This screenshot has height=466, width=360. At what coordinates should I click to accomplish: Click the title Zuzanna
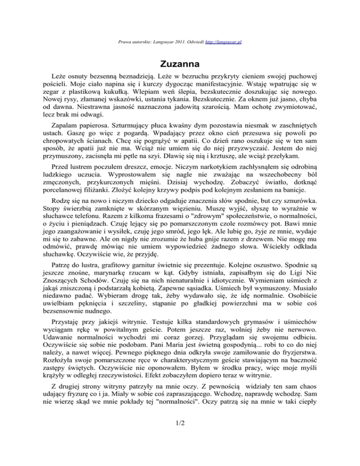tap(180, 63)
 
